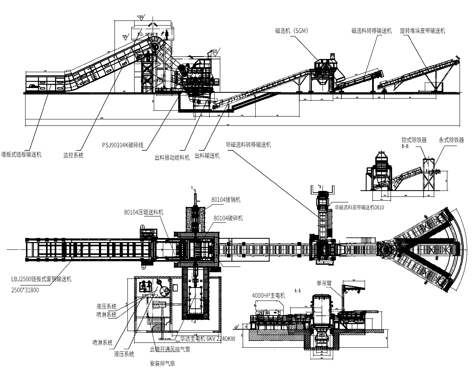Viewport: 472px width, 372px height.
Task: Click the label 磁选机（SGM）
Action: click(x=291, y=30)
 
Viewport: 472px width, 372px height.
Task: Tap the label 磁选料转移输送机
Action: click(x=371, y=31)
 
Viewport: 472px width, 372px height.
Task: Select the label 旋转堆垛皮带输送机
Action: click(x=422, y=31)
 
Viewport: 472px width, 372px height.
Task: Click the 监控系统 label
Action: click(x=73, y=156)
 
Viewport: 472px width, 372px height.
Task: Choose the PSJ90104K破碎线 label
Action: click(x=122, y=145)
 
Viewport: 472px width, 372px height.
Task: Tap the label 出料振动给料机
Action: click(x=172, y=158)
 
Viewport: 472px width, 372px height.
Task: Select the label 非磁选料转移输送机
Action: click(x=248, y=145)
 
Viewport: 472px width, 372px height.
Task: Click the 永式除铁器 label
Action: click(x=451, y=140)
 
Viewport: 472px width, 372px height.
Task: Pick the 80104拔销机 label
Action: click(x=226, y=200)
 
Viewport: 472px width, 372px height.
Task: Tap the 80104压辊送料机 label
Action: click(x=143, y=212)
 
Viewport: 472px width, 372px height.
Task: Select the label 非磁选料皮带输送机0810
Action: click(x=359, y=207)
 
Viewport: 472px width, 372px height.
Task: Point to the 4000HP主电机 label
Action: click(x=268, y=296)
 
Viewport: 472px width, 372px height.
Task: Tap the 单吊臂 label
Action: click(x=324, y=282)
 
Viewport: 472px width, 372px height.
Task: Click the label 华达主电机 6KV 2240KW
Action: click(x=207, y=339)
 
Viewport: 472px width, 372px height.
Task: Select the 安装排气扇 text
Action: click(x=163, y=363)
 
